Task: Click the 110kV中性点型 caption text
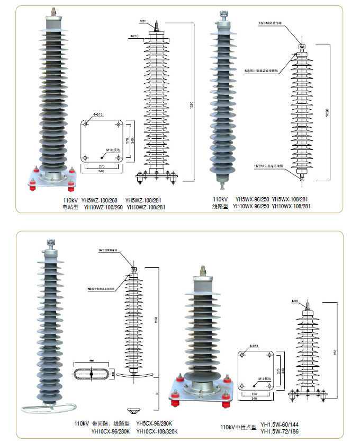tap(238, 427)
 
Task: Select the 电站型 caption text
tap(70, 207)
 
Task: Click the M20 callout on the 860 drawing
tap(295, 302)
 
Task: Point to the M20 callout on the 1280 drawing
tap(143, 21)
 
